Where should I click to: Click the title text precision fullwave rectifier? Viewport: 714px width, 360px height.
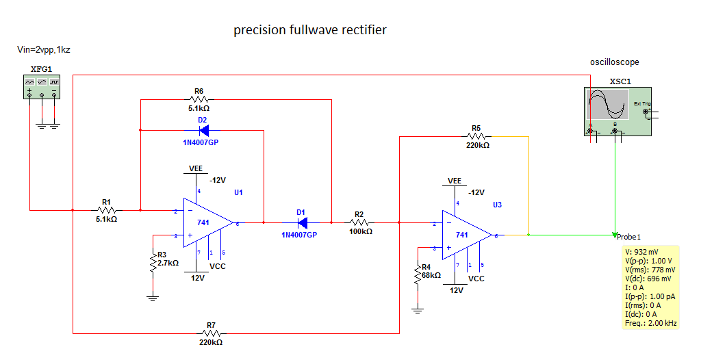(x=310, y=30)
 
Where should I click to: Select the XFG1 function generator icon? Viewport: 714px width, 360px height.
(x=42, y=88)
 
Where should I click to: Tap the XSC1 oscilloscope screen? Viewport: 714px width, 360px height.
(x=608, y=106)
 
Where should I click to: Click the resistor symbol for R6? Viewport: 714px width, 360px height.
(x=199, y=99)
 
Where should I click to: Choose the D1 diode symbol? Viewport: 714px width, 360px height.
(x=301, y=222)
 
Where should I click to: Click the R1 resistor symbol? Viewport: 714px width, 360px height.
(x=106, y=210)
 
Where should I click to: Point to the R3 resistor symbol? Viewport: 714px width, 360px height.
(x=153, y=262)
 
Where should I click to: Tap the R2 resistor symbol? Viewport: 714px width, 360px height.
(x=360, y=222)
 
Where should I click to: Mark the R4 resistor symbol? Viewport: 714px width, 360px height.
(x=417, y=275)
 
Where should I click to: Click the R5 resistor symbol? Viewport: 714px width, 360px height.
(x=476, y=137)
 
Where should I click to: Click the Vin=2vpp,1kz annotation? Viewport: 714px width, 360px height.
(x=44, y=50)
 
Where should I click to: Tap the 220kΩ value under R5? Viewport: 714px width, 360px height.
(x=478, y=145)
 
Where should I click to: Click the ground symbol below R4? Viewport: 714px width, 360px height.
(x=417, y=309)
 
